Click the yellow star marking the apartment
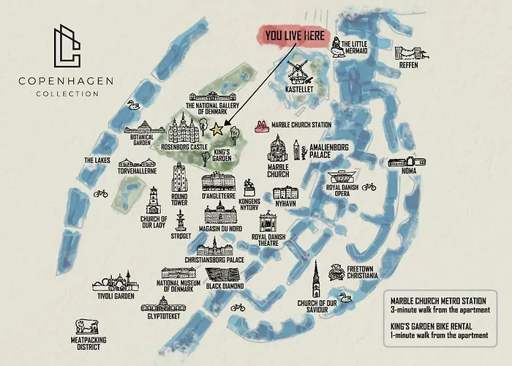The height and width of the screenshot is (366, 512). tap(217, 129)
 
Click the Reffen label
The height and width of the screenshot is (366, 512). tap(408, 64)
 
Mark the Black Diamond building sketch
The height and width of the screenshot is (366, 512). tap(222, 275)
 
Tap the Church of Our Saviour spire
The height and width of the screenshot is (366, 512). tap(317, 278)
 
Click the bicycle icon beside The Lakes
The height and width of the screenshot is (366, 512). tap(101, 194)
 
